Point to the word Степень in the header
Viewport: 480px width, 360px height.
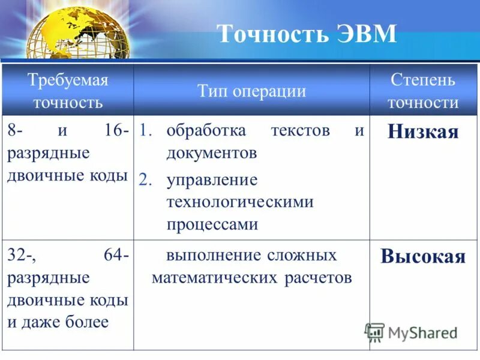click(422, 79)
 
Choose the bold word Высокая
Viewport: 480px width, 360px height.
click(422, 256)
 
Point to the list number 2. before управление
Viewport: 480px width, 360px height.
click(147, 180)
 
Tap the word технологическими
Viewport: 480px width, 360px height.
click(240, 202)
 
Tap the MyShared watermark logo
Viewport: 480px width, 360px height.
click(411, 332)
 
